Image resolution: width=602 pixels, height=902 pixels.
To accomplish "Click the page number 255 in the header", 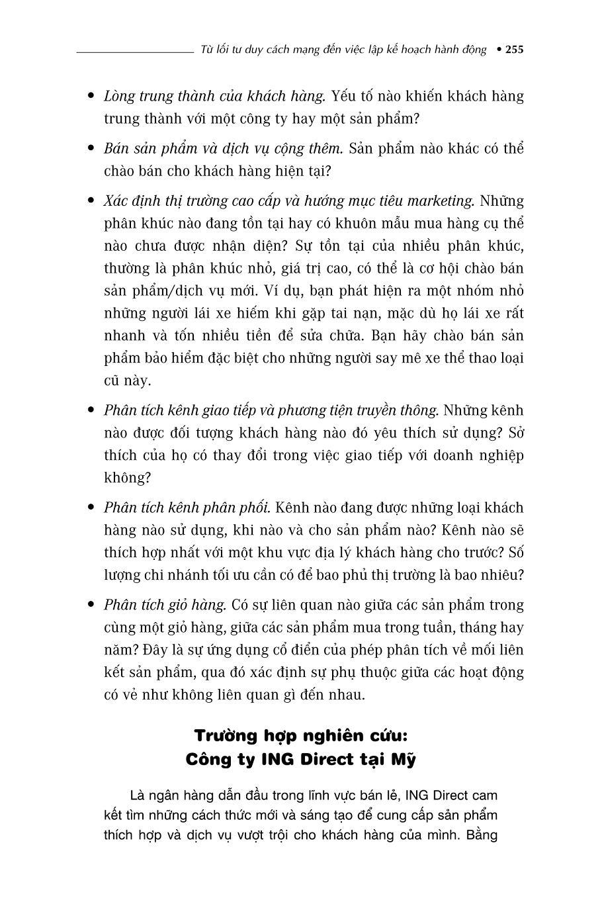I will pyautogui.click(x=514, y=50).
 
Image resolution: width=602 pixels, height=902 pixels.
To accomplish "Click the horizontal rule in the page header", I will pyautogui.click(x=134, y=50).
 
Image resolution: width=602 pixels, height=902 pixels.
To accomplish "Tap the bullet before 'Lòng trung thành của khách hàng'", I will pyautogui.click(x=91, y=97).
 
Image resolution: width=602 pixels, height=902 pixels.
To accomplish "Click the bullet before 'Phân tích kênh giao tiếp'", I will pyautogui.click(x=91, y=411).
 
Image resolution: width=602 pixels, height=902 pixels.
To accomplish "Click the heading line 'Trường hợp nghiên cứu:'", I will pyautogui.click(x=301, y=736).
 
